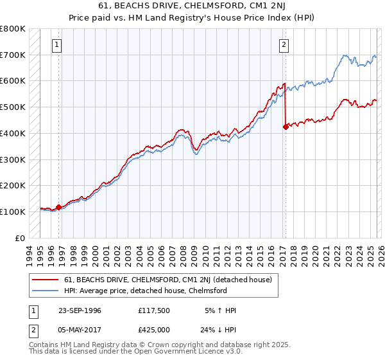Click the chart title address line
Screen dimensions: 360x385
pyautogui.click(x=193, y=6)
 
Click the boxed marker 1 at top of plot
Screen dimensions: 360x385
pyautogui.click(x=58, y=44)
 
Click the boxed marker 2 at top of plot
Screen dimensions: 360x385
pyautogui.click(x=283, y=44)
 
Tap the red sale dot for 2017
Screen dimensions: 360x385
pyautogui.click(x=285, y=127)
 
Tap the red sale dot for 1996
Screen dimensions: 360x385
pyautogui.click(x=59, y=207)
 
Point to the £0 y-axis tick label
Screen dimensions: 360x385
pyautogui.click(x=20, y=238)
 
